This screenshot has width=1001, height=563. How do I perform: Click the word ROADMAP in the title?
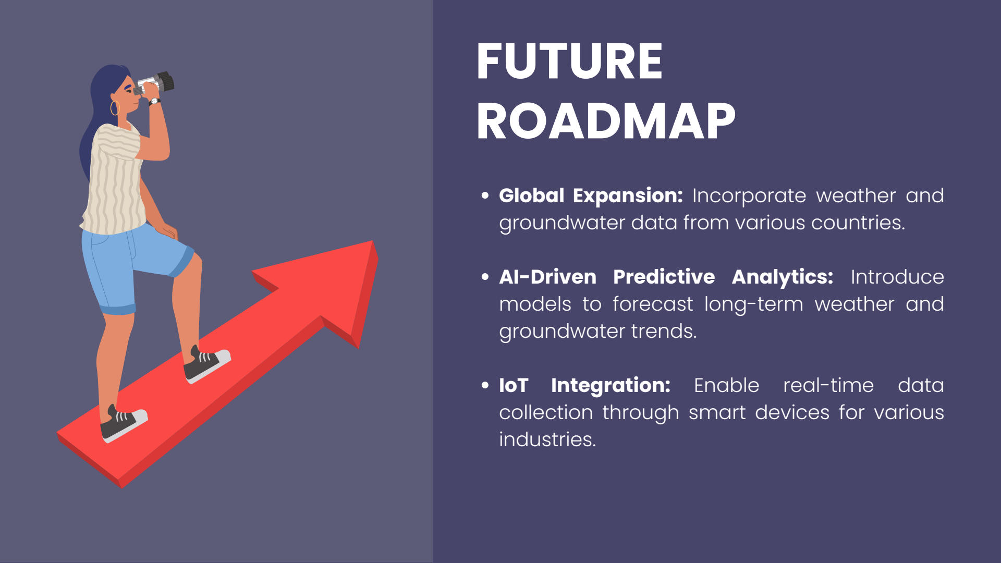tap(606, 121)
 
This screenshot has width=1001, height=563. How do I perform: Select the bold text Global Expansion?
tap(591, 195)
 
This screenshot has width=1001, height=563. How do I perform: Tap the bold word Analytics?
tap(783, 277)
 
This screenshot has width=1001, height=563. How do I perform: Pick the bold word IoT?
tap(514, 385)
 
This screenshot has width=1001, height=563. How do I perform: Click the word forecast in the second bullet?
tap(653, 304)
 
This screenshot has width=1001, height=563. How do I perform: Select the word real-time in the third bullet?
tap(828, 385)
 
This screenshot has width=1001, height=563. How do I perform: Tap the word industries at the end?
tap(547, 439)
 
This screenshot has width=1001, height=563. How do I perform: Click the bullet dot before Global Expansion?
tap(485, 196)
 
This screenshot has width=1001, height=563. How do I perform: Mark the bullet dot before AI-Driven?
tap(485, 277)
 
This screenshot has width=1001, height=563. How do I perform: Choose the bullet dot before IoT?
tap(485, 386)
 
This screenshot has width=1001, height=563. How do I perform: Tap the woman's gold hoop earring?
tap(115, 108)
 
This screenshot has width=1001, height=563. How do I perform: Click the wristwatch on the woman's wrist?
tap(154, 102)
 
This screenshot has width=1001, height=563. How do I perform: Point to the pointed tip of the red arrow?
tap(372, 241)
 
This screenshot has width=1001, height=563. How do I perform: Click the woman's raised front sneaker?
tap(206, 364)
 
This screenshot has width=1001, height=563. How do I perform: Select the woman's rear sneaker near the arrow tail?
tap(124, 423)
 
